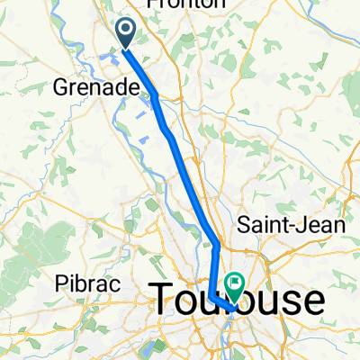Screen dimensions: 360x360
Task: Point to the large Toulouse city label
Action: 238,300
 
